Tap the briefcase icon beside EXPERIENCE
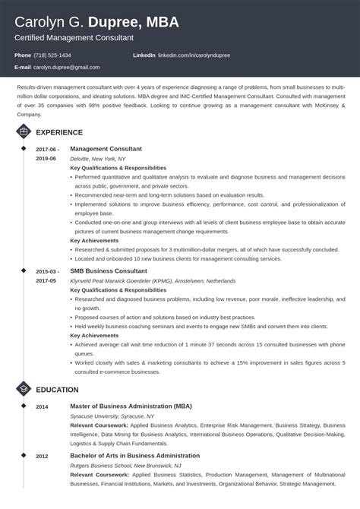[23, 131]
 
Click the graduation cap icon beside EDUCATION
[23, 390]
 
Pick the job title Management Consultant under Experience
[106, 149]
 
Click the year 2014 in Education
[41, 408]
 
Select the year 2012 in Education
[41, 457]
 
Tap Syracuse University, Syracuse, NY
[112, 417]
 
